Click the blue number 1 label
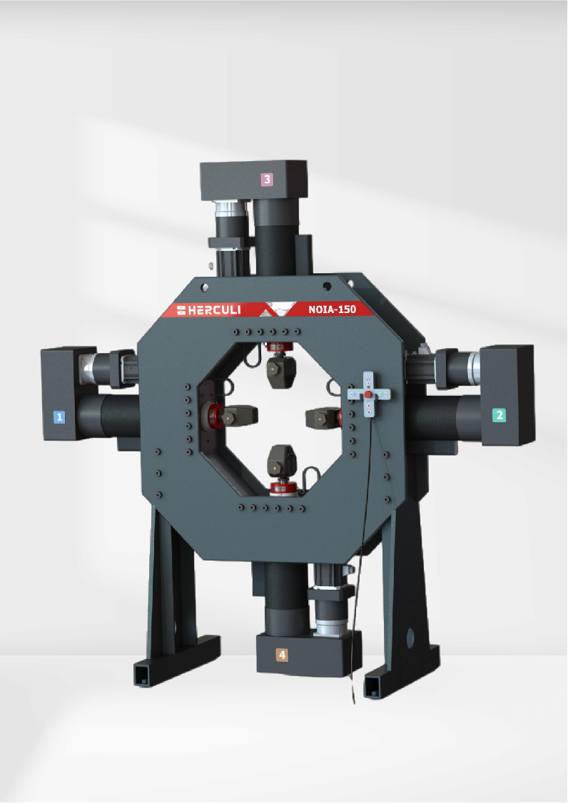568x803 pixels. pyautogui.click(x=59, y=417)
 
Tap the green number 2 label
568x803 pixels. pyautogui.click(x=499, y=415)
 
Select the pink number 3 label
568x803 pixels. pyautogui.click(x=267, y=179)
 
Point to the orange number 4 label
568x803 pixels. pyautogui.click(x=281, y=655)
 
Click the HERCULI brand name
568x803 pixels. pyautogui.click(x=208, y=310)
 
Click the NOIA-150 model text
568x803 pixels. pyautogui.click(x=333, y=309)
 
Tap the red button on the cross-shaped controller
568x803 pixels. pyautogui.click(x=367, y=394)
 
